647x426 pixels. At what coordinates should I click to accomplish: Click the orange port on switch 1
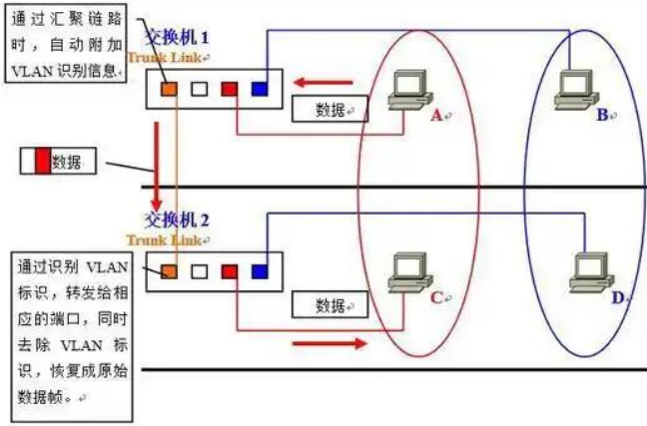coord(170,89)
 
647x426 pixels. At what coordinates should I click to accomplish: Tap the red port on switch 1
coord(229,89)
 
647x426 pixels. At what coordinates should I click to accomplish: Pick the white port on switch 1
coord(200,89)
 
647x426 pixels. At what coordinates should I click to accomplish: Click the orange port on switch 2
coord(170,270)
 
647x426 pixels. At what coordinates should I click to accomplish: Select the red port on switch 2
coord(229,270)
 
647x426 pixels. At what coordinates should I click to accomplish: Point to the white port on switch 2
coord(200,270)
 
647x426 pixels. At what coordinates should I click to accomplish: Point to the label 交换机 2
coord(177,220)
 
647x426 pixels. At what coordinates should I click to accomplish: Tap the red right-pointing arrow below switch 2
coord(327,344)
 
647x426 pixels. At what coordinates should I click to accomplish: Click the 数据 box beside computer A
coord(329,110)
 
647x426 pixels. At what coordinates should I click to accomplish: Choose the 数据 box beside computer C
coord(329,303)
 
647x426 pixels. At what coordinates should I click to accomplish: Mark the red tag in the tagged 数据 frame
coord(42,162)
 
